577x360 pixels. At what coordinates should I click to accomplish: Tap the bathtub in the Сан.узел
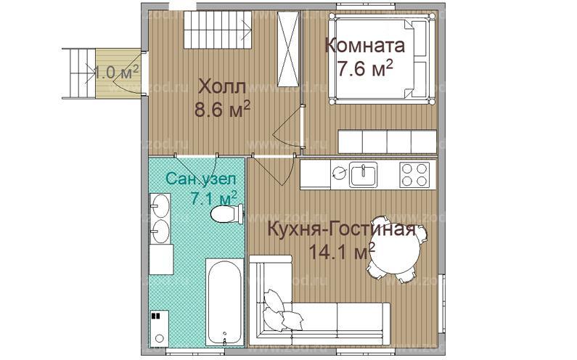pos(224,301)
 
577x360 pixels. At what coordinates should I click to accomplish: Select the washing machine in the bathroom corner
pos(159,327)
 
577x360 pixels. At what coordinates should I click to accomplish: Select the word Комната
pos(365,46)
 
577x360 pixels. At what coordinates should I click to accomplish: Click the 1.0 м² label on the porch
pos(115,71)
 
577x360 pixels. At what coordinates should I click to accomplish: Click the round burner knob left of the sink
pos(339,173)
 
